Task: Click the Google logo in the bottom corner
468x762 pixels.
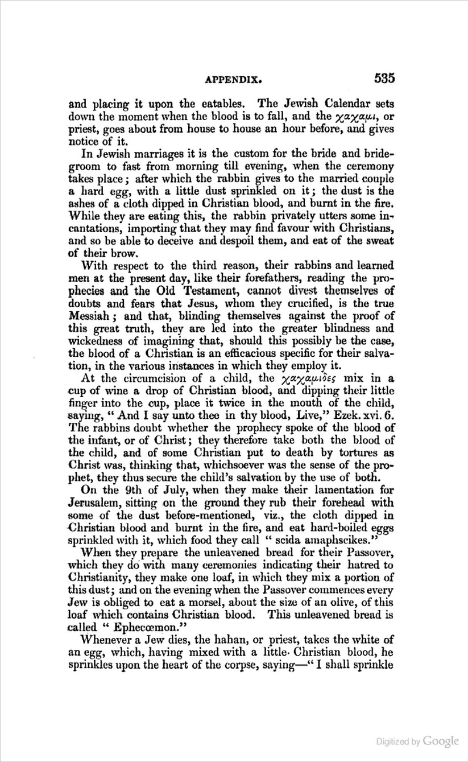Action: [441, 742]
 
